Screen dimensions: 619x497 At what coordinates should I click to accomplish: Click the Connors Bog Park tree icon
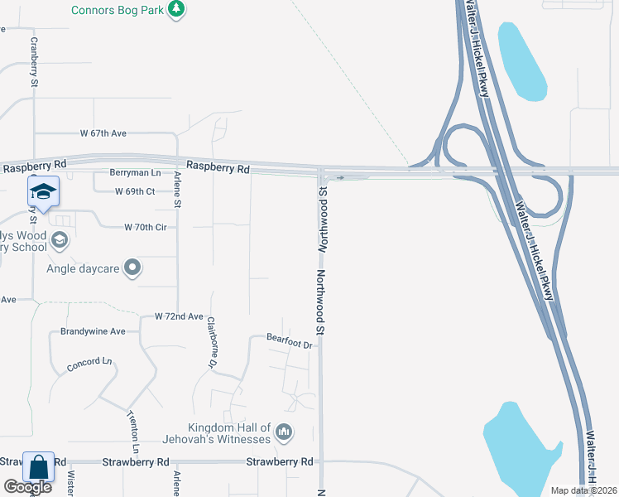pos(175,9)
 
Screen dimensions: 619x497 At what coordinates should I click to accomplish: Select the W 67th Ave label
pos(103,133)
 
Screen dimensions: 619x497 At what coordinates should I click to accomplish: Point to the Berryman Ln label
pos(135,173)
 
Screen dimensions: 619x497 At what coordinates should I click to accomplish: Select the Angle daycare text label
pos(83,268)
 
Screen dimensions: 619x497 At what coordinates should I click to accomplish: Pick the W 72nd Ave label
pos(179,316)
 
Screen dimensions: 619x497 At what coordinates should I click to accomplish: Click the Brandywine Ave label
pos(93,331)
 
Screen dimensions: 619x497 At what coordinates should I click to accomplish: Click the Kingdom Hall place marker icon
pos(283,432)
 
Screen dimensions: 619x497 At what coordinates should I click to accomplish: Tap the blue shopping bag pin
pos(39,467)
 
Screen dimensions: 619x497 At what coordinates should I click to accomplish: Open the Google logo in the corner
pos(27,486)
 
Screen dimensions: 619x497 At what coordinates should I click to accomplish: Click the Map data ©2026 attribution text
pos(583,490)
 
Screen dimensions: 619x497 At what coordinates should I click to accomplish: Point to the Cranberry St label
pos(35,62)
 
